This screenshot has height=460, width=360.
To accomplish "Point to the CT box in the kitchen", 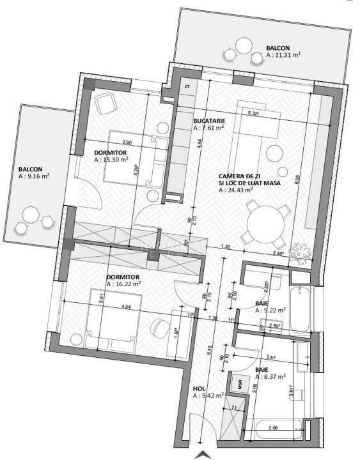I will pos(187,86).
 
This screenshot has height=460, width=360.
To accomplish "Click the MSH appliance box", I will pos(240,384).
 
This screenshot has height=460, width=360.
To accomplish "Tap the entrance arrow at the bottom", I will pos(203,454).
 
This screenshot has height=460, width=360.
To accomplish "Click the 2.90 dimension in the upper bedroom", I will pos(126,142).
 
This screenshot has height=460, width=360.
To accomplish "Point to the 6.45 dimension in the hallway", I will pos(210,350).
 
